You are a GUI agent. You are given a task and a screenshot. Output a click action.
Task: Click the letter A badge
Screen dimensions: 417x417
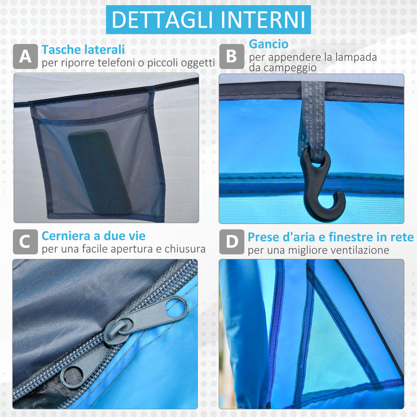coord(25,56)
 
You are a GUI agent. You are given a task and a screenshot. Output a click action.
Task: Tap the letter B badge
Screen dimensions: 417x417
coord(231,56)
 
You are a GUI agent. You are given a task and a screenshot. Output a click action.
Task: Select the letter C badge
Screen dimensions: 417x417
coord(25,242)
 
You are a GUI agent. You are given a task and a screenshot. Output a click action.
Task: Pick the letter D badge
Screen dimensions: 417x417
coord(231,242)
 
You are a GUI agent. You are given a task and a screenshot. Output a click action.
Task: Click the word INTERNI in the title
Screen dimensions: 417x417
coord(262,19)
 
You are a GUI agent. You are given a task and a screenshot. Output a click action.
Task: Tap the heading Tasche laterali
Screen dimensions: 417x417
coord(83,50)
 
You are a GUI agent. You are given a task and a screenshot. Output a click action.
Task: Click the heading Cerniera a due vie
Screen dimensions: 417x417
coord(94,236)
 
